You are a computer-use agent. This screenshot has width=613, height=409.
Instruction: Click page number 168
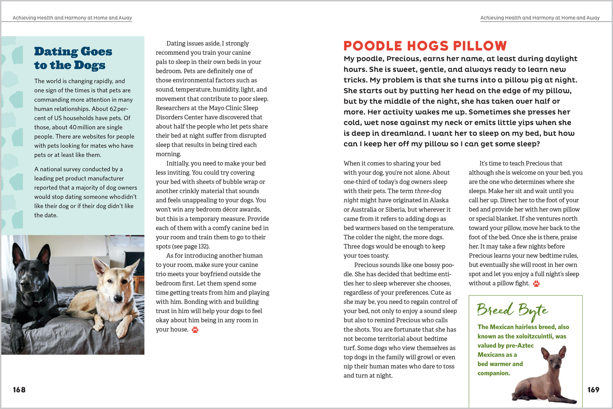(19, 390)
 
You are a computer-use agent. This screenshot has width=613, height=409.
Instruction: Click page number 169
(593, 390)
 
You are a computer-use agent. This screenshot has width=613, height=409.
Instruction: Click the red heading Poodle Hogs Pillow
(425, 46)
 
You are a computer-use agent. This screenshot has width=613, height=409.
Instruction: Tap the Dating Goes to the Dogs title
(73, 58)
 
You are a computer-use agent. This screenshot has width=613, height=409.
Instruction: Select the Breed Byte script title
(512, 311)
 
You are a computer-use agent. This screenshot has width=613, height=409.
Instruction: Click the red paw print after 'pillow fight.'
(536, 283)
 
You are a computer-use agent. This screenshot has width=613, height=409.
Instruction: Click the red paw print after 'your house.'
(195, 330)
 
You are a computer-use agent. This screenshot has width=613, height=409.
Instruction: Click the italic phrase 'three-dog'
(428, 191)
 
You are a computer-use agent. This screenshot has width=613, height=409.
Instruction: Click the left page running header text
(72, 18)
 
